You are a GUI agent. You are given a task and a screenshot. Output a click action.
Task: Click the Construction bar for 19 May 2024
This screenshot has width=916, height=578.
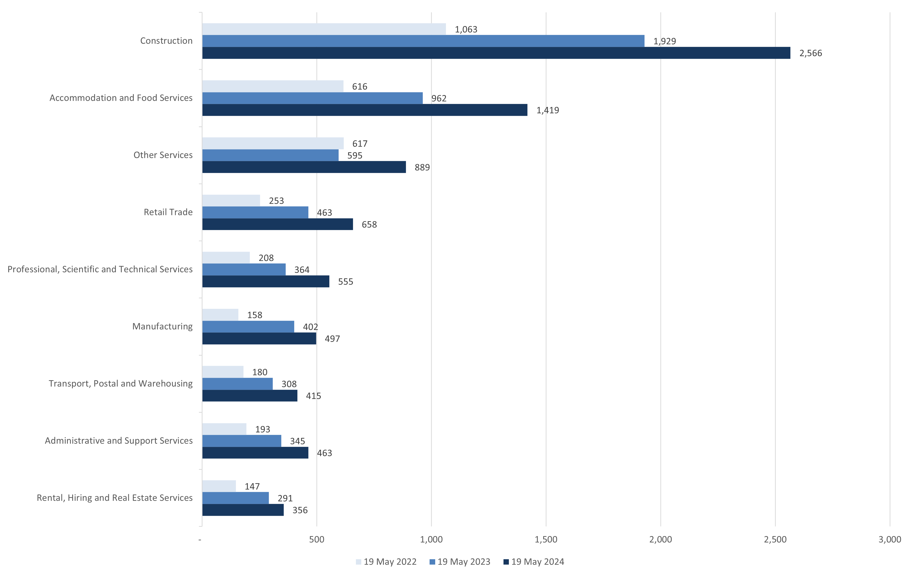tap(496, 53)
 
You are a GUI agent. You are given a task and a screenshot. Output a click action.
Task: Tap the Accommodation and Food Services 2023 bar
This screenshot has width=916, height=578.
tap(312, 98)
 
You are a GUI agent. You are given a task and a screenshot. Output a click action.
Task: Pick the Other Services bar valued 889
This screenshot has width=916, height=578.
tap(304, 167)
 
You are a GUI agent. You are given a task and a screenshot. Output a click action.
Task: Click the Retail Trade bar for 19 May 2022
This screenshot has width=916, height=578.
tap(231, 200)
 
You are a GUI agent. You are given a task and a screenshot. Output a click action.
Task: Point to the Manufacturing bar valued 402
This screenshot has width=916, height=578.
tap(248, 327)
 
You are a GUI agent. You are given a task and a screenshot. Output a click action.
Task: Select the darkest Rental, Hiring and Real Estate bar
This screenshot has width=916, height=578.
tap(243, 510)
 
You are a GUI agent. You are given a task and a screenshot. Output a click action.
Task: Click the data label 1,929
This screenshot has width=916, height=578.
tap(664, 41)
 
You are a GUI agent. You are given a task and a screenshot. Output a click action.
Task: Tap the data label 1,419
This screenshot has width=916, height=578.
tap(547, 110)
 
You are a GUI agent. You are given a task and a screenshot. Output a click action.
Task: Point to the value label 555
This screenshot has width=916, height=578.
tap(345, 282)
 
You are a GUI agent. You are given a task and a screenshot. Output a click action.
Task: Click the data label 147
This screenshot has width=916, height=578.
tap(252, 486)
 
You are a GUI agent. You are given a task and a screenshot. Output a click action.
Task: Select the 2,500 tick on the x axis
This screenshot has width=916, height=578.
tap(775, 539)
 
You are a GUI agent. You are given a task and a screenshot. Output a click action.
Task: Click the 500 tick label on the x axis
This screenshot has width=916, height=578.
tap(316, 539)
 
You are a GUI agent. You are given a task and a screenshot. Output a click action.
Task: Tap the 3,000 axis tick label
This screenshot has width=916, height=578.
tap(889, 539)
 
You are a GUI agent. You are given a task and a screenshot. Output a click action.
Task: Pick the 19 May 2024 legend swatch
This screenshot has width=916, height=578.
tap(506, 562)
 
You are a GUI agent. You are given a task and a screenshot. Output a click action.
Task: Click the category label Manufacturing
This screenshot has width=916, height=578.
tap(162, 326)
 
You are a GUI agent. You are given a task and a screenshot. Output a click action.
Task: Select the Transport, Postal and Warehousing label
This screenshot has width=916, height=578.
tap(121, 383)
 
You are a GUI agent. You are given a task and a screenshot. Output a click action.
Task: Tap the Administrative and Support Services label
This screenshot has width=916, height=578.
tap(119, 440)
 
